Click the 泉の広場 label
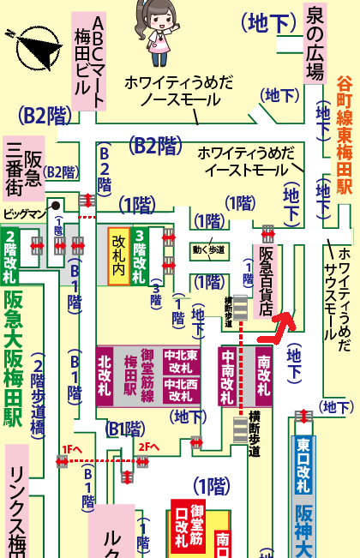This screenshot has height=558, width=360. (315, 42)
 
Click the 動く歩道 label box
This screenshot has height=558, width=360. (208, 250)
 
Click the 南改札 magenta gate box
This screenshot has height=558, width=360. (262, 375)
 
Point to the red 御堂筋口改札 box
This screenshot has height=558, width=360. (189, 528)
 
